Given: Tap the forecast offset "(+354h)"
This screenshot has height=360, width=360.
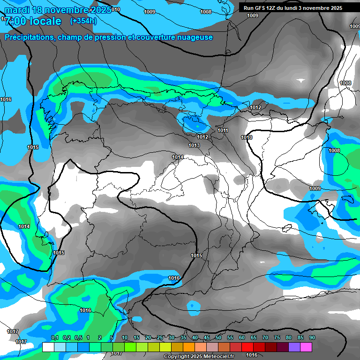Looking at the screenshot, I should [83, 21].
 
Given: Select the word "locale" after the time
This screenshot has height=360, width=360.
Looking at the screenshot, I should [44, 21].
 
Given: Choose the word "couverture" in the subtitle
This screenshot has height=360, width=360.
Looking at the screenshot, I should [149, 37].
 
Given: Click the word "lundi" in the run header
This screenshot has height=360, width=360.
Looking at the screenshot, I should [299, 8].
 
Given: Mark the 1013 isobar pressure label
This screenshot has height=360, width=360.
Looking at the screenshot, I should [194, 145].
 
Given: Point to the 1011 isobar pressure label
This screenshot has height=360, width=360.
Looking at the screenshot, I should [223, 130].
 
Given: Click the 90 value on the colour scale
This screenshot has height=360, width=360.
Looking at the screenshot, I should [312, 338].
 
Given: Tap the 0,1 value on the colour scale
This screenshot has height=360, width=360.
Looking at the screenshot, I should [54, 338].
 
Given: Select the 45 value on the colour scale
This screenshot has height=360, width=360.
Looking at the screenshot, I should [207, 338].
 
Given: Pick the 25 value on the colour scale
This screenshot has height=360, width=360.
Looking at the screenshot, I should [160, 338].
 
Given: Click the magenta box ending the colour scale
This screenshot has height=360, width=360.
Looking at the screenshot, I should [307, 347].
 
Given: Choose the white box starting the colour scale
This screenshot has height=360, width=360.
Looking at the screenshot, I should [48, 347].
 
